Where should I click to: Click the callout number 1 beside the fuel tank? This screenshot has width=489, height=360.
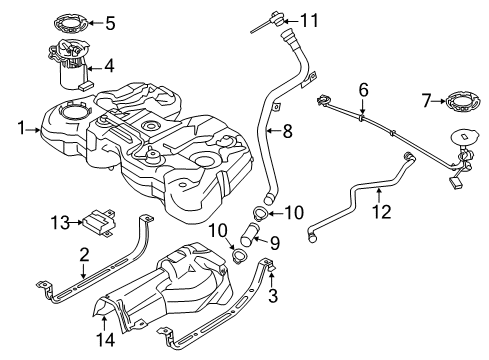(21, 127)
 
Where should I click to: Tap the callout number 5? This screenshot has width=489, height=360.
(111, 21)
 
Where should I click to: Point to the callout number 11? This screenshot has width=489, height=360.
(312, 19)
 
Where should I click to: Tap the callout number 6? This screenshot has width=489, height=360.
(364, 88)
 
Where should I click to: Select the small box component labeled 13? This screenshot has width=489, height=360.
(102, 219)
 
